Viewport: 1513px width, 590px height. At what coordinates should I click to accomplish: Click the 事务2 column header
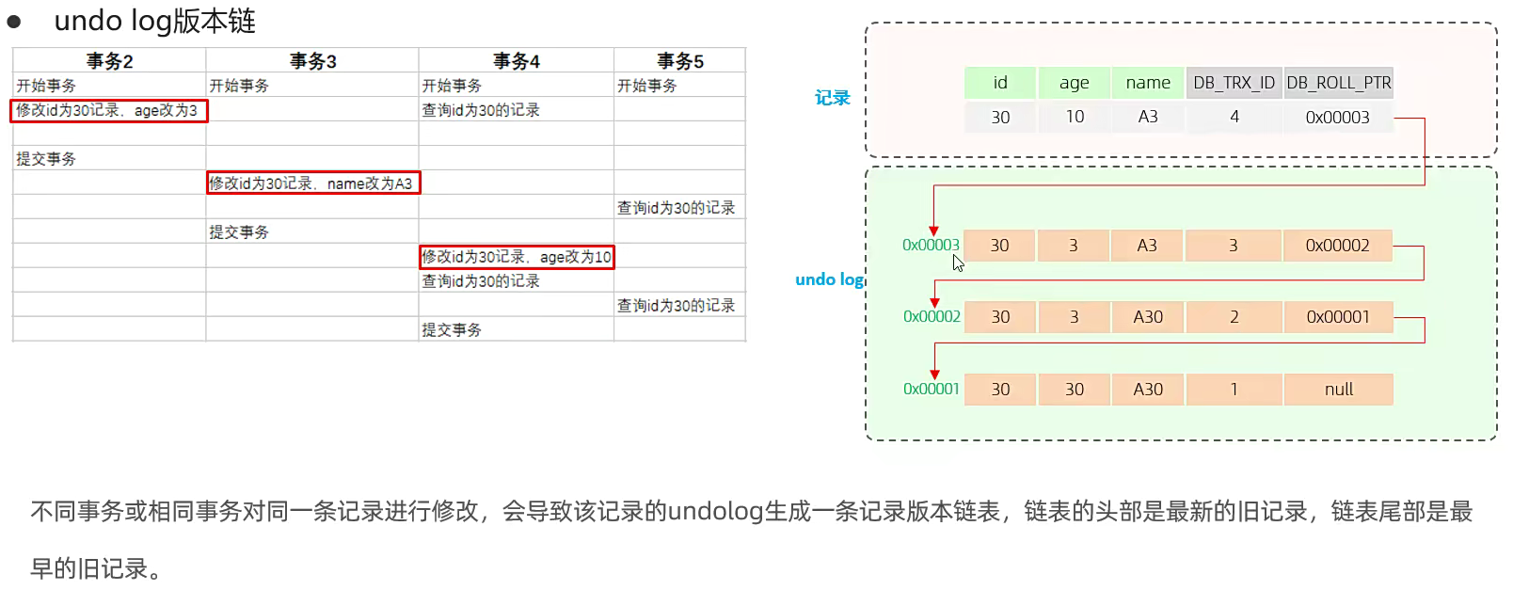coord(109,61)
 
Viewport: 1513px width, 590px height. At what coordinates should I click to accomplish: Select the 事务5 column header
coord(679,61)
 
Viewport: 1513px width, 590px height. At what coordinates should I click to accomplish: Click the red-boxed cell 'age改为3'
coord(108,110)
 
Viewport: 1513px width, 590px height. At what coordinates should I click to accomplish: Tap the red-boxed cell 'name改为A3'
coord(312,183)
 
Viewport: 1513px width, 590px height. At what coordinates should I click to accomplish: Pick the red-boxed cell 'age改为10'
coord(517,257)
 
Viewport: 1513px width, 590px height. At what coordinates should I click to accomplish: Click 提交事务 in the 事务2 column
coord(46,159)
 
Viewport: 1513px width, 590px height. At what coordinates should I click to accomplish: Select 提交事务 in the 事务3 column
coord(239,232)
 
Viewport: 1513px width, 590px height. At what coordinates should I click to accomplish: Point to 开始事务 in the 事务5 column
coord(646,86)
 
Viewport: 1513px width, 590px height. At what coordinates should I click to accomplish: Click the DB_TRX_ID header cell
coord(1234,83)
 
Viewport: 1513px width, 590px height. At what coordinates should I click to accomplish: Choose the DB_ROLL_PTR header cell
coord(1338,83)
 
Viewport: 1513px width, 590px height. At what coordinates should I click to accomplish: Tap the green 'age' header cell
coord(1074,83)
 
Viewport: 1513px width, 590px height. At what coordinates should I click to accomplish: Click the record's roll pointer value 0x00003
coord(1337,118)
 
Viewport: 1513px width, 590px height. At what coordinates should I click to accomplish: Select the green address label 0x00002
coord(932,317)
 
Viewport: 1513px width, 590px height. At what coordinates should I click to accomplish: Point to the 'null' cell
coord(1338,390)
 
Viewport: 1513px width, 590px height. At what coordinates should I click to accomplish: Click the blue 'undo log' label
coord(828,279)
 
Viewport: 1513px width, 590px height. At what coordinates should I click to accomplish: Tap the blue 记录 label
coord(832,98)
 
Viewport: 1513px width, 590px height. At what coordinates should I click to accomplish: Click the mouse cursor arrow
coord(958,263)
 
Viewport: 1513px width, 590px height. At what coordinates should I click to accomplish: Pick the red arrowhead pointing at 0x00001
coord(934,375)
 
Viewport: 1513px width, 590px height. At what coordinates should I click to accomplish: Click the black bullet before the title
coord(14,22)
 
